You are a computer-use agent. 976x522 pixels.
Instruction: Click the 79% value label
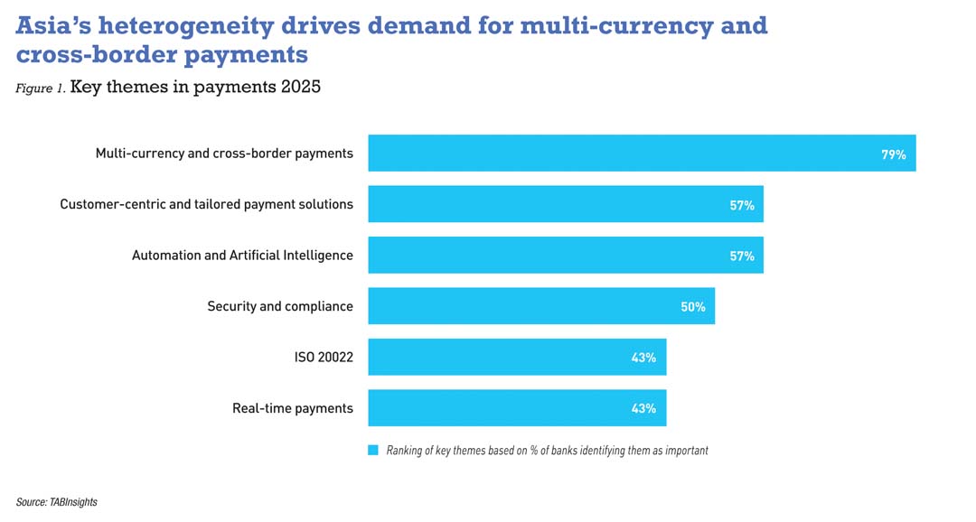tap(893, 154)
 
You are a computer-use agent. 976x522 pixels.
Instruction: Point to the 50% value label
tap(692, 307)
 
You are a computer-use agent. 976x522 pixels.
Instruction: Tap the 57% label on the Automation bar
tap(742, 256)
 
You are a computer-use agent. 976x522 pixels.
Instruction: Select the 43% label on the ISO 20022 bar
tap(643, 358)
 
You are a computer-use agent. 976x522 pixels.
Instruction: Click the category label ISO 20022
tap(317, 358)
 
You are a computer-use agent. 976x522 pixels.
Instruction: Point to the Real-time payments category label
tap(292, 408)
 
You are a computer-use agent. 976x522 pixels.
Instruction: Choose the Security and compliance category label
tap(280, 307)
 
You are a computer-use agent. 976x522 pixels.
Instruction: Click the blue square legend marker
tap(372, 450)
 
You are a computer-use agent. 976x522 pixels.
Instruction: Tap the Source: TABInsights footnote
tap(56, 502)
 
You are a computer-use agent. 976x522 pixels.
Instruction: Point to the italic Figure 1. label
tap(40, 89)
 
